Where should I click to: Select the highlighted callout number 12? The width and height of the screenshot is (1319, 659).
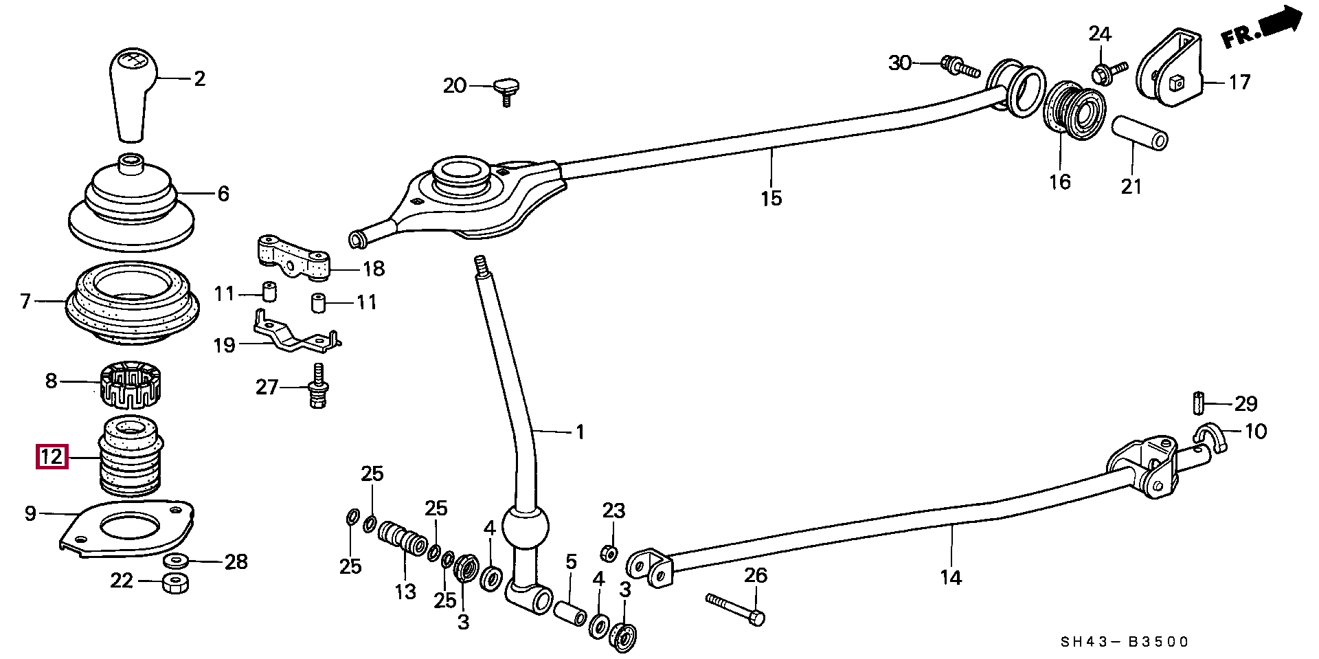click(53, 457)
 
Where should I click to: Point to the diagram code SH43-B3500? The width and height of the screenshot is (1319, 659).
click(1124, 642)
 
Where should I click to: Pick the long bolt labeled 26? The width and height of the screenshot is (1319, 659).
click(735, 609)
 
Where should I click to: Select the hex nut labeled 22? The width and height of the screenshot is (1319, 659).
click(177, 583)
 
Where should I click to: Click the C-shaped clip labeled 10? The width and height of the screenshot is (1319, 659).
click(1210, 439)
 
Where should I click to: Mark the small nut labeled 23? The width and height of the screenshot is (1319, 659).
click(607, 552)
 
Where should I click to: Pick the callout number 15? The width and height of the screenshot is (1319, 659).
click(771, 198)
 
